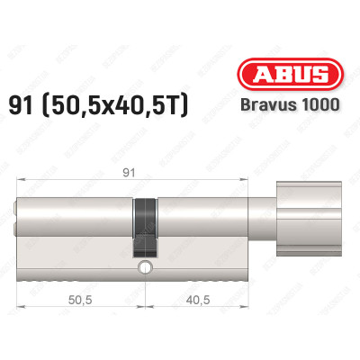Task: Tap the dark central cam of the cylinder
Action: coord(144,225)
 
